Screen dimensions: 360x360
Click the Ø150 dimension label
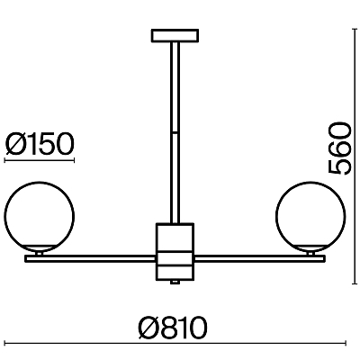point(40,144)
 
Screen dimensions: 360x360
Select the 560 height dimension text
point(339,148)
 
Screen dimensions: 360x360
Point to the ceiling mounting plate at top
point(175,35)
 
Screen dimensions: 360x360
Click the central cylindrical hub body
point(175,251)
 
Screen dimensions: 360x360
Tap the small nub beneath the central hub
point(175,282)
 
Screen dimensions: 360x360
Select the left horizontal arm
point(91,259)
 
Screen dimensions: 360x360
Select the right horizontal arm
point(259,259)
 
